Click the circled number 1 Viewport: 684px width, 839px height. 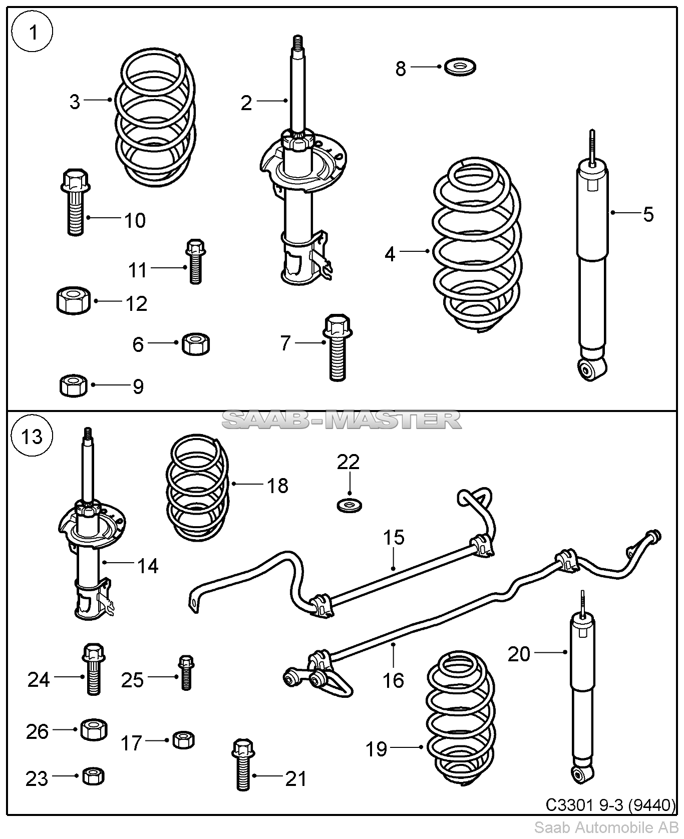point(33,34)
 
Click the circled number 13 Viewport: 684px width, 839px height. point(32,437)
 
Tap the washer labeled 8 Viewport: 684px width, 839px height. point(460,67)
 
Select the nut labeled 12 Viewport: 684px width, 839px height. point(73,300)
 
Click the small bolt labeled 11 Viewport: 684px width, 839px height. point(195,261)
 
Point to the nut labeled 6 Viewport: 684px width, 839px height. point(195,344)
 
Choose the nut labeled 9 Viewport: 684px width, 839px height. point(73,385)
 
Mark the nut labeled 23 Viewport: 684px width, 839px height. point(93,776)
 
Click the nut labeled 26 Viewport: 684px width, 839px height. point(94,730)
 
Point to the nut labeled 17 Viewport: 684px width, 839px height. point(183,739)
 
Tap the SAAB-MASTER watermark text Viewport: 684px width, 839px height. point(341,419)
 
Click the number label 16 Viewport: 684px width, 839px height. point(393,680)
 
